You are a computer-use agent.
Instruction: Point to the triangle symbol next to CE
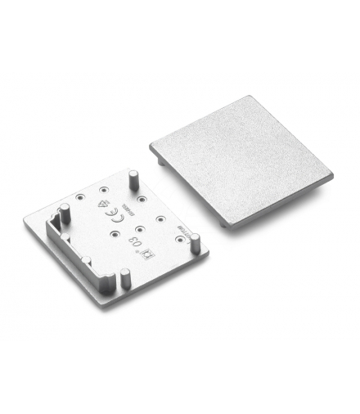coord(101,196)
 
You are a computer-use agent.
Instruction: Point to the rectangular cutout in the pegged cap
coord(57,223)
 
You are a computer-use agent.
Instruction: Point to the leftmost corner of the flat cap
coord(151,148)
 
